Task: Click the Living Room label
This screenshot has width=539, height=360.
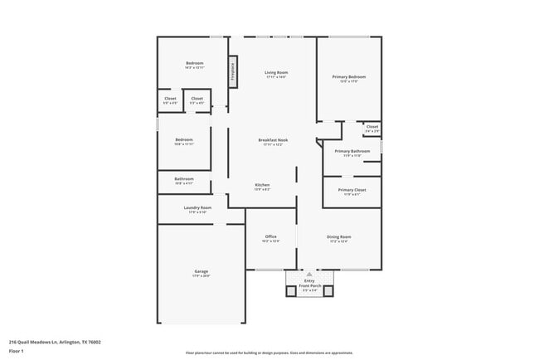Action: click(275, 72)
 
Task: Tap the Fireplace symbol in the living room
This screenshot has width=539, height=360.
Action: click(232, 71)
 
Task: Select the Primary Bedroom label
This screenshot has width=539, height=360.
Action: click(349, 76)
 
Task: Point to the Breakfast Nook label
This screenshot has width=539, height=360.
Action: click(273, 140)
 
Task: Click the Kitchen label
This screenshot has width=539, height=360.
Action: click(262, 184)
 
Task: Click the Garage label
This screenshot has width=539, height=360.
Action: click(201, 270)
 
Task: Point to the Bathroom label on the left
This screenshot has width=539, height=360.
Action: click(183, 178)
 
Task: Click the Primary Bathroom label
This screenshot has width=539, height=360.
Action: click(352, 151)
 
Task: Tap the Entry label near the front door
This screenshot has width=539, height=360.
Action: click(308, 280)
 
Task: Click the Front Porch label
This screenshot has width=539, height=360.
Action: click(308, 285)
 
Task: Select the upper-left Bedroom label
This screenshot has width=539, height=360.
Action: click(194, 63)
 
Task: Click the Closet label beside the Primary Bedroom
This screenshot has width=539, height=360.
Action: click(372, 127)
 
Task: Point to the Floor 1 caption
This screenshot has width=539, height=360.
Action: click(17, 350)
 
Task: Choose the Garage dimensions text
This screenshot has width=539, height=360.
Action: click(201, 275)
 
